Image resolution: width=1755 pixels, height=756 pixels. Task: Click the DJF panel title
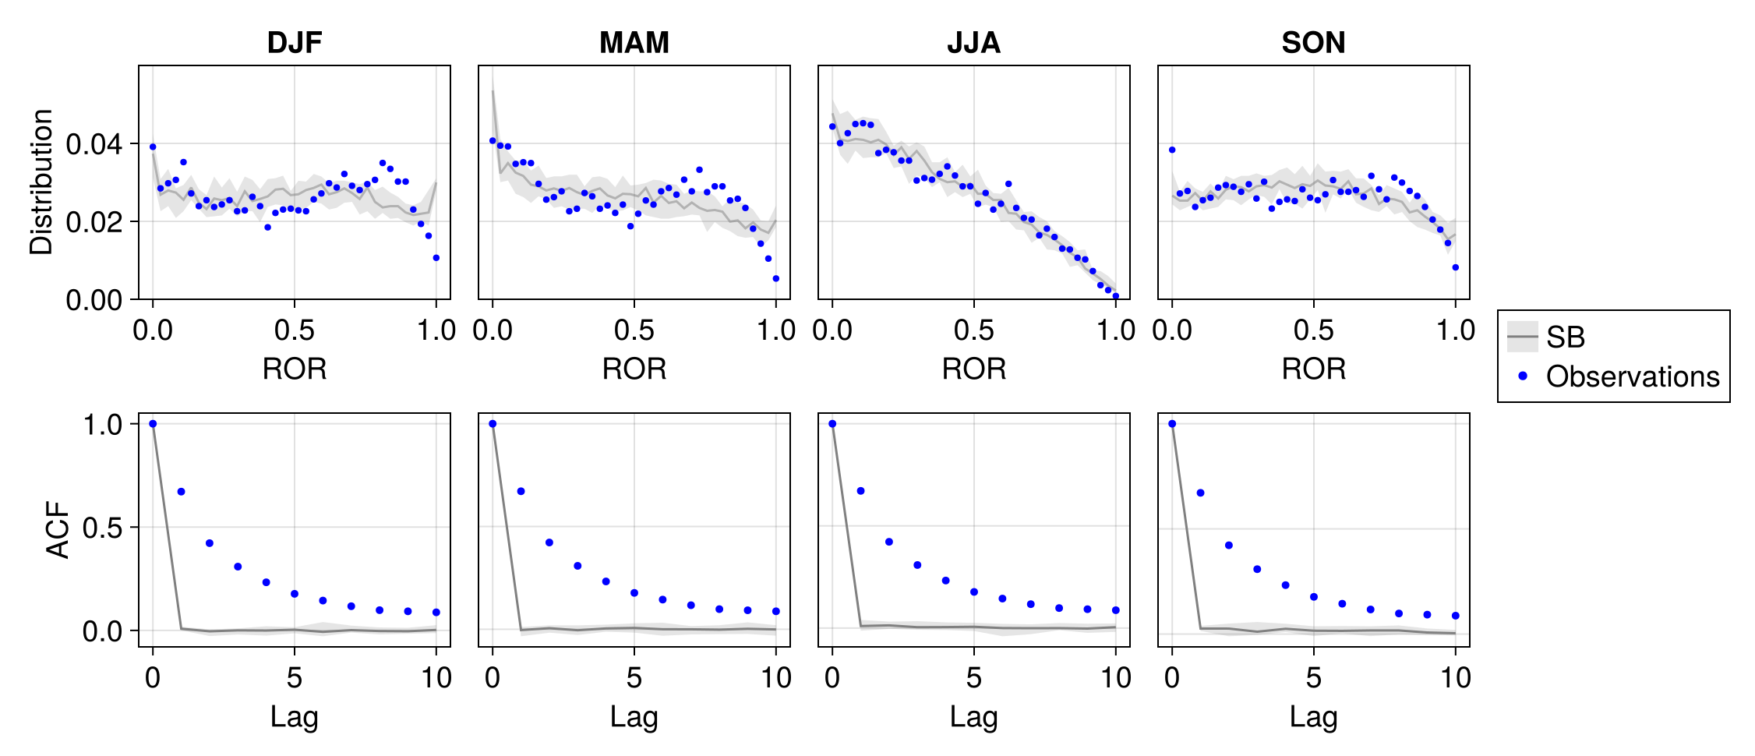coord(294,42)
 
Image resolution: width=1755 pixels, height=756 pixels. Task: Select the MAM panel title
coord(634,42)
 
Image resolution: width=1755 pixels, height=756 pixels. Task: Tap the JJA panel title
coord(973,42)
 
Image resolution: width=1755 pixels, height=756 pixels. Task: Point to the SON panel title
coord(1313,42)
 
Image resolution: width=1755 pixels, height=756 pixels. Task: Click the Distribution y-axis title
coord(41,182)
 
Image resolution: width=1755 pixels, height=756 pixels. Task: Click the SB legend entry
coord(1565,337)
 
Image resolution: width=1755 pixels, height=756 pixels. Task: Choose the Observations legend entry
coord(1632,376)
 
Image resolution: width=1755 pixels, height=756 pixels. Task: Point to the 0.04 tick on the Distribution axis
coord(94,144)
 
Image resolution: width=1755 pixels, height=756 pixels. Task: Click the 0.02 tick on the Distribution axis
coord(94,222)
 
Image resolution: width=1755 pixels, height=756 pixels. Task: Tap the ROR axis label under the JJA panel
coord(973,369)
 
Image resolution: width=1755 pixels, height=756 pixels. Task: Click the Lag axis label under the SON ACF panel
coord(1313,716)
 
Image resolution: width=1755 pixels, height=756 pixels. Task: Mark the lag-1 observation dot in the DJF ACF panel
coord(181,492)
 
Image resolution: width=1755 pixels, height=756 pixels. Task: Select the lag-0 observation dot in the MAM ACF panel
coord(493,424)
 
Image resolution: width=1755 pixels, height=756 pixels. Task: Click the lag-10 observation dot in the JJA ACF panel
coord(1116,610)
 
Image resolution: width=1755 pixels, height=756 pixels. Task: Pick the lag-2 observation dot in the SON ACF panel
coord(1229,546)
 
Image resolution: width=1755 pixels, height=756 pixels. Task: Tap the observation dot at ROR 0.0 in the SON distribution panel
coord(1172,150)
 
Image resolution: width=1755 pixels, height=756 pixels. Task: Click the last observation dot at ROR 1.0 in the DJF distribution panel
coord(436,258)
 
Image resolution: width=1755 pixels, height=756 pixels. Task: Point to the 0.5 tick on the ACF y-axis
coord(102,528)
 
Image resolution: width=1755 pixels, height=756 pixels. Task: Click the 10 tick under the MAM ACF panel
coord(776,678)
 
